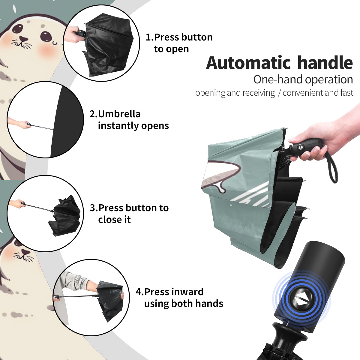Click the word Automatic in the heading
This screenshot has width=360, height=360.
click(x=248, y=63)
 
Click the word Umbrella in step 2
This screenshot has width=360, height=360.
click(x=119, y=114)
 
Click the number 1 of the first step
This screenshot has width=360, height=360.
click(x=148, y=37)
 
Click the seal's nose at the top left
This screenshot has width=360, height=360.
click(x=24, y=39)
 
